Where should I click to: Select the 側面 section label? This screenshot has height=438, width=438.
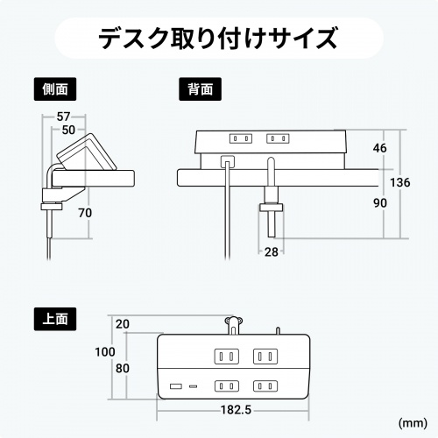click(x=54, y=88)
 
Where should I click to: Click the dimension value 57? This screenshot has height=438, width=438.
click(x=65, y=117)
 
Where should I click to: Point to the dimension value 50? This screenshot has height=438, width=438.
click(x=69, y=130)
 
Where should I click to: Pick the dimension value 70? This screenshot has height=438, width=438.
click(x=85, y=213)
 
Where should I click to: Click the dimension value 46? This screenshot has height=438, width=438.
click(x=379, y=148)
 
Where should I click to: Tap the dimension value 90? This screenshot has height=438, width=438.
click(x=379, y=202)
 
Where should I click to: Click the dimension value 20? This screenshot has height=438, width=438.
click(x=123, y=324)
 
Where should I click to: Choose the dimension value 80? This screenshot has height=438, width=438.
click(x=123, y=368)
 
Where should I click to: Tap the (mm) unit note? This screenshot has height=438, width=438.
click(x=413, y=423)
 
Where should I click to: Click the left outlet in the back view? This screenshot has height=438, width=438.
click(x=240, y=138)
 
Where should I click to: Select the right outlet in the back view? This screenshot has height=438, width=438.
click(x=279, y=138)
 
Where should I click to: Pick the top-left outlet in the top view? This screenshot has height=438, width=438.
click(x=225, y=357)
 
